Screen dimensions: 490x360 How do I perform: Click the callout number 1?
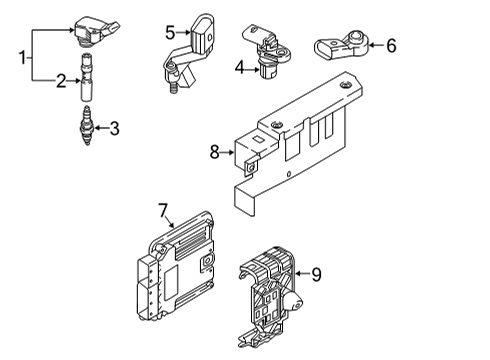[23, 58]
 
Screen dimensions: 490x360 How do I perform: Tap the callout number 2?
[61, 81]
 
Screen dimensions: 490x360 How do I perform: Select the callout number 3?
[114, 128]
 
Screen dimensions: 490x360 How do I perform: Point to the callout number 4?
[240, 69]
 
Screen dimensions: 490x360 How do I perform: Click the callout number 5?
[170, 33]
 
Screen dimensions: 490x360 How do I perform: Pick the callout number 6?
[391, 45]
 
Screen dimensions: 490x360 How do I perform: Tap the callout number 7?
[163, 210]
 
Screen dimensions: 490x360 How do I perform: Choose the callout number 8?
[215, 152]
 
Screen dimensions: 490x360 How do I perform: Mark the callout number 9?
[316, 274]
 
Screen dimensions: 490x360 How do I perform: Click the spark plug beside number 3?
[87, 126]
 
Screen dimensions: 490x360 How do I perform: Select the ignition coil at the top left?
[96, 30]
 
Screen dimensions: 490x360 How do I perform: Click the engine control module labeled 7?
[175, 266]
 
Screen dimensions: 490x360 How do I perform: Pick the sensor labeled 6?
[341, 46]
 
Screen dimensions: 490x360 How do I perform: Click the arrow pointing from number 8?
[228, 152]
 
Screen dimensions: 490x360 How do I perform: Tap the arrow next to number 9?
[302, 273]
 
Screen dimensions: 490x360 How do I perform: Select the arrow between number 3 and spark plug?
[101, 128]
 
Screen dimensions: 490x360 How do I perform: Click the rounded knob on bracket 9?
[294, 300]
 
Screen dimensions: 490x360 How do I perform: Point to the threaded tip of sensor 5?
[173, 89]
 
